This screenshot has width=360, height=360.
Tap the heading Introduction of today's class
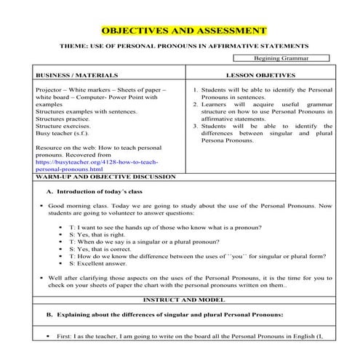95,192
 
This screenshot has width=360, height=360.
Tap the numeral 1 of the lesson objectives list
196,90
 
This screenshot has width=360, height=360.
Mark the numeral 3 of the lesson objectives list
196,127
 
